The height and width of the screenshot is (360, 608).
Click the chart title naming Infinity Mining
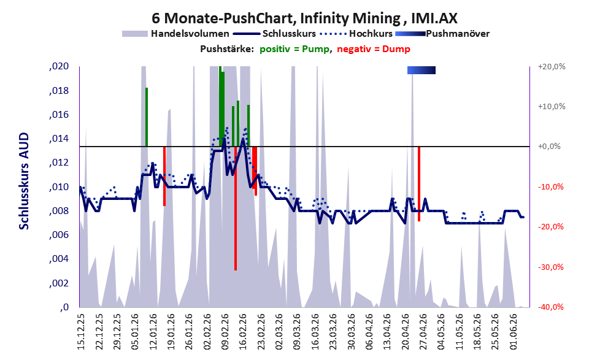click(304, 18)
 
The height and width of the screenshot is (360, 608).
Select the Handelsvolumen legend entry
click(175, 34)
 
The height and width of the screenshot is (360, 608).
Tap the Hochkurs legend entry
click(356, 34)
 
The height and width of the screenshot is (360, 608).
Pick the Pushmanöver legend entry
click(442, 34)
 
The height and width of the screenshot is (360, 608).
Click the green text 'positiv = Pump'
click(294, 49)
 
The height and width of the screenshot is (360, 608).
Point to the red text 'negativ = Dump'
click(374, 49)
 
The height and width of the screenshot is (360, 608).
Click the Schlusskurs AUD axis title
click(24, 181)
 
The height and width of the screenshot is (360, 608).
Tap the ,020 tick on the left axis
click(59, 66)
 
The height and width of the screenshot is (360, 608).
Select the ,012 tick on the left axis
click(59, 163)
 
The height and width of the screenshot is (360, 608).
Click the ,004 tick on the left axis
click(59, 259)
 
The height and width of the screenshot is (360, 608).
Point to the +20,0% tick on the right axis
click(552, 67)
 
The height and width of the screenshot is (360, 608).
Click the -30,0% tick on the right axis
click(551, 267)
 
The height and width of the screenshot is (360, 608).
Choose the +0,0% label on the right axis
click(550, 147)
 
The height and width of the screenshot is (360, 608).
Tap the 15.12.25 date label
click(81, 332)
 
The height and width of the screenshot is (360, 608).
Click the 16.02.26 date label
click(243, 332)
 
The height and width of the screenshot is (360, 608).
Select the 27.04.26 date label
click(423, 332)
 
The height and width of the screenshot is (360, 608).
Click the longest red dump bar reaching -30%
click(236, 209)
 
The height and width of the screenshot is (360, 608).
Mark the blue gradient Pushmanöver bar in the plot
click(421, 70)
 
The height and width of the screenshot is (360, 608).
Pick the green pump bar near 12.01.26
click(147, 117)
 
